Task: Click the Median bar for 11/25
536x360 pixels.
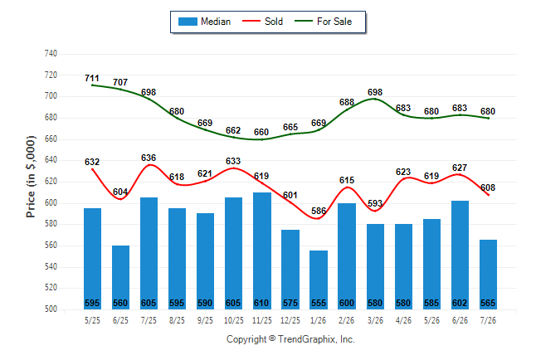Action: point(262,251)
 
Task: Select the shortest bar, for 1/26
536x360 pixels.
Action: point(319,280)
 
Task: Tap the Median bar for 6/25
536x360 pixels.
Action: point(120,277)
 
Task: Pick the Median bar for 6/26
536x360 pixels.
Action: point(460,255)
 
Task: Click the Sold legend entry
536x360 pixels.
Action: point(262,22)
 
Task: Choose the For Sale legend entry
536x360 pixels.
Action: point(323,22)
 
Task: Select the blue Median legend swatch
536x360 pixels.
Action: point(188,22)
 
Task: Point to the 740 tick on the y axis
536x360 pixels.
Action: point(51,54)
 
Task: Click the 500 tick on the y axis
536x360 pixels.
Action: point(51,309)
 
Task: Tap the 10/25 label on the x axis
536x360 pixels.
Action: point(234,320)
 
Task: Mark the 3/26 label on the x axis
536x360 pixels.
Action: point(375,320)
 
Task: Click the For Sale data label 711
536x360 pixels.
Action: point(92,78)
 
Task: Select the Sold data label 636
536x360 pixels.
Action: point(149,158)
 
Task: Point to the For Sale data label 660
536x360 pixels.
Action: point(261,132)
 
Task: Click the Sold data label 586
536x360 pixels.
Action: point(319,211)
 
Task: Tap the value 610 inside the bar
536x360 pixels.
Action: point(261,303)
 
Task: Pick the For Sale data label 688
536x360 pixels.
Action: point(347,102)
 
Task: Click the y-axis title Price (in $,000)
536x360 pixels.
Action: point(31,177)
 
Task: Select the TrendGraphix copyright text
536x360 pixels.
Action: point(290,339)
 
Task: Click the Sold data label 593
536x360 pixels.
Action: point(375,203)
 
